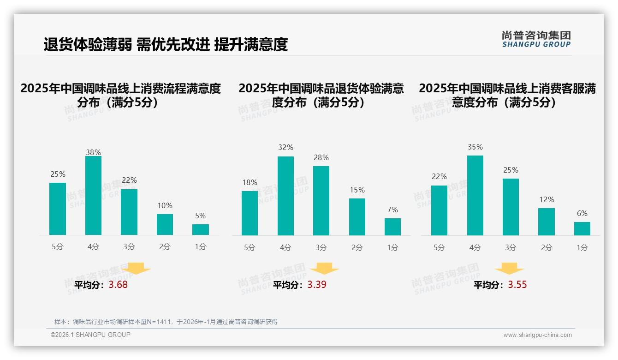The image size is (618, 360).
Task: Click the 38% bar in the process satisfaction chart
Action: (93, 196)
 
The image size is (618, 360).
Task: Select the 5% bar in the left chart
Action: (201, 229)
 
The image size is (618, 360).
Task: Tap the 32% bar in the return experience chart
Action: (285, 196)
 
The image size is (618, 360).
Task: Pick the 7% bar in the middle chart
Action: (392, 227)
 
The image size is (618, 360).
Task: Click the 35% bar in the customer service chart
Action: (475, 195)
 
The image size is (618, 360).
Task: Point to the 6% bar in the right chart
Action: (582, 228)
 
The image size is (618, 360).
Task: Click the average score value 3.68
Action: (118, 285)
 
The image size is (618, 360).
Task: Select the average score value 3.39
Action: (317, 285)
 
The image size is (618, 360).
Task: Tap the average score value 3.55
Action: (517, 285)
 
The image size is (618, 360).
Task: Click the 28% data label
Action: (321, 158)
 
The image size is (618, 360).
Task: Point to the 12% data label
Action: (547, 200)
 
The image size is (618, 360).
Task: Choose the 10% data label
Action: (165, 206)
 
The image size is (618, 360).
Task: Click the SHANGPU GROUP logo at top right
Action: (536, 39)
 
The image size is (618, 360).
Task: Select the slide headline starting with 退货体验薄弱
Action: (166, 44)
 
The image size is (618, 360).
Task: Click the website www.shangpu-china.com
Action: (537, 335)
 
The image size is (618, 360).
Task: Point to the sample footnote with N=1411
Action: (166, 322)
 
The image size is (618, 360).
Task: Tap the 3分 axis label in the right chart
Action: (511, 248)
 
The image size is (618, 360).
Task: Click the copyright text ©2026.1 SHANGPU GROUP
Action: (90, 335)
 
